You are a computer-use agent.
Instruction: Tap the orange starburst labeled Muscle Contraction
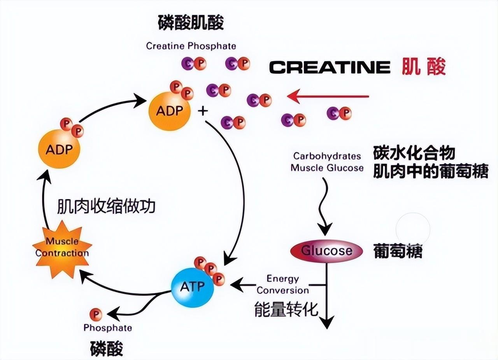(62, 248)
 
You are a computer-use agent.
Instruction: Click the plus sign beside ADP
(203, 111)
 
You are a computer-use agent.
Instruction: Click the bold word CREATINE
(330, 67)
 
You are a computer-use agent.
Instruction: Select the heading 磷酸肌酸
(191, 23)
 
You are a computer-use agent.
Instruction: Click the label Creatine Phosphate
(191, 46)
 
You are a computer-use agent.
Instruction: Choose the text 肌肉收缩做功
(106, 206)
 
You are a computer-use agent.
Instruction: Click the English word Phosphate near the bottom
(108, 327)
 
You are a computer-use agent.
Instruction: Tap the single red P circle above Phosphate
(95, 314)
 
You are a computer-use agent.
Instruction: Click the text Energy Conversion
(283, 285)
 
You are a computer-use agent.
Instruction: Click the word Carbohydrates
(327, 156)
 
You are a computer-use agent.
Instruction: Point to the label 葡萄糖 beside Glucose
(397, 251)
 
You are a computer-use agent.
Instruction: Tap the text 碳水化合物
(414, 153)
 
